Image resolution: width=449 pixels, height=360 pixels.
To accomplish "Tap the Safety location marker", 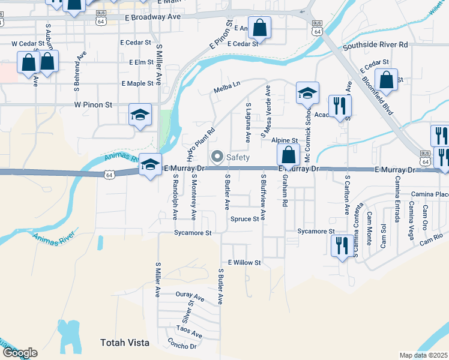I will tap(215, 157).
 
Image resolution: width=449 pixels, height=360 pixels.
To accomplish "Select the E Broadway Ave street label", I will tap(154, 18).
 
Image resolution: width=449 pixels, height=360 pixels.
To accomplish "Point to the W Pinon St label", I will tap(93, 104).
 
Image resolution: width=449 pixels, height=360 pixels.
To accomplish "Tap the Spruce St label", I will tap(244, 219).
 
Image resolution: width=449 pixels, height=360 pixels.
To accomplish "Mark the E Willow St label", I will tap(244, 263).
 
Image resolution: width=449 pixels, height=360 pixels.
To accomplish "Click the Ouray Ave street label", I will tap(190, 296).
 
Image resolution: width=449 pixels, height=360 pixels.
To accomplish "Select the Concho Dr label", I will tap(182, 346).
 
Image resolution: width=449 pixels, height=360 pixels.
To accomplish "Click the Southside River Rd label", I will tap(375, 45).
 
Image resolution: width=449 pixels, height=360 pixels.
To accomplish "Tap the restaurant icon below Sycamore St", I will tap(340, 245).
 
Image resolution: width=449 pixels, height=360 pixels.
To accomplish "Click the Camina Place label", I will tap(430, 194).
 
